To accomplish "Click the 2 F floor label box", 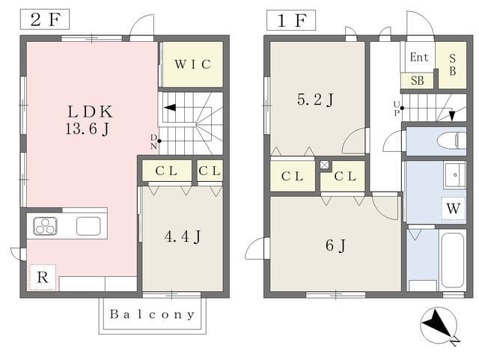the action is click(45, 19).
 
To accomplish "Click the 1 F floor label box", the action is click(291, 20).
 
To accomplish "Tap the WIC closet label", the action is click(193, 64).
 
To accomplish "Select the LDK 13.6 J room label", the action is click(89, 120).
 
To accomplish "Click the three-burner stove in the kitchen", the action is click(45, 226).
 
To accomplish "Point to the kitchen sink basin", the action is click(88, 226).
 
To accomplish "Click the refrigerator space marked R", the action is click(43, 278).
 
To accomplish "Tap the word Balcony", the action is click(153, 314).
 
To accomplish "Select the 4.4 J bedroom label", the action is click(183, 237).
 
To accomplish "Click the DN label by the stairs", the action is click(153, 141).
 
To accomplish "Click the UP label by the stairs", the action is click(397, 109).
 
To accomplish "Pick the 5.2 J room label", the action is click(315, 100).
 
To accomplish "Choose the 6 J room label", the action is click(335, 245).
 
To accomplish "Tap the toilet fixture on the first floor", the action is click(451, 141).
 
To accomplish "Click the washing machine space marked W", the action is click(454, 209).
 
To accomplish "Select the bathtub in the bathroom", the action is click(453, 260).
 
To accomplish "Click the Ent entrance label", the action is click(419, 57).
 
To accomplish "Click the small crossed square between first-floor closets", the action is click(324, 165).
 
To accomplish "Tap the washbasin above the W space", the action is click(455, 175).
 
